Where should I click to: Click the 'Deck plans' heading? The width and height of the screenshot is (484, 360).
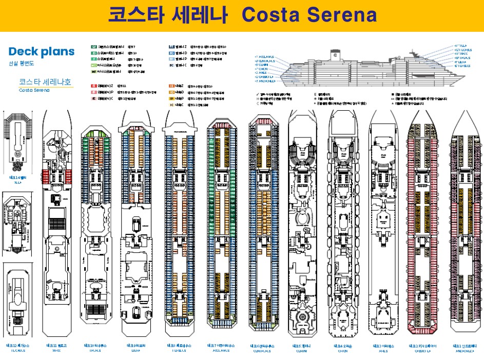42,52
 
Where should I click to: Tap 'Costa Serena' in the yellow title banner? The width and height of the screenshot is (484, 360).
309,15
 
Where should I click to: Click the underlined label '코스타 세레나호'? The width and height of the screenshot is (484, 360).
45,82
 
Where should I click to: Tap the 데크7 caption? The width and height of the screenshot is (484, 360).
221,346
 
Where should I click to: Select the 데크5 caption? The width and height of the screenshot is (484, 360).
301,346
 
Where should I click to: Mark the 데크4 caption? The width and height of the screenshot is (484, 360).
343,346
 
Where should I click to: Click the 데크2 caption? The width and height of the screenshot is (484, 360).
423,346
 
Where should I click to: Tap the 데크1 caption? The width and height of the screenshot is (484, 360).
464,346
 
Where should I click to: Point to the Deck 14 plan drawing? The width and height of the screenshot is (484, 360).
17,138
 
